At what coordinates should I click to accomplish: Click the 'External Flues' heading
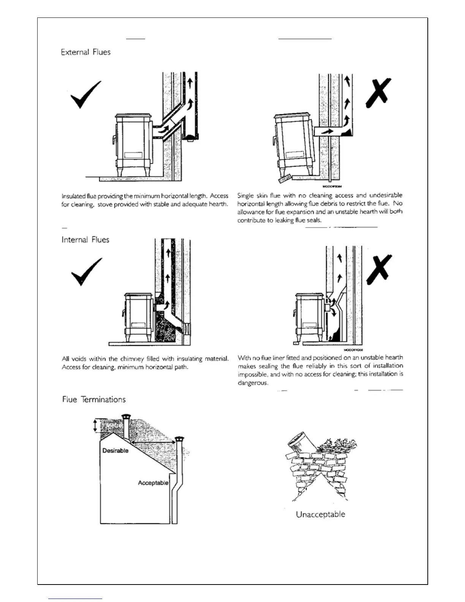pos(85,52)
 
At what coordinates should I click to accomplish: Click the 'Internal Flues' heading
pos(85,240)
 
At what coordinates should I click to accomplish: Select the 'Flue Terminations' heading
pos(94,399)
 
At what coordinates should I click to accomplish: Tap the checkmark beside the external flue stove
pos(86,94)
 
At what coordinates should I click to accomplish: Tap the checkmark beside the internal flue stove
pos(87,271)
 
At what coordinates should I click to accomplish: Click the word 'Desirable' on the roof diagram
pos(115,451)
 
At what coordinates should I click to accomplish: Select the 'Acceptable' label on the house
pos(153,483)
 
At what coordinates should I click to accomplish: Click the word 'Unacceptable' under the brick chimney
pos(320,515)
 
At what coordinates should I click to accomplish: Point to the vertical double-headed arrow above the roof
pos(95,425)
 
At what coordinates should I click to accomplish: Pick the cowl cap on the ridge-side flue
pos(125,417)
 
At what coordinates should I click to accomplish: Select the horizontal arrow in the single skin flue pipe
pos(326,132)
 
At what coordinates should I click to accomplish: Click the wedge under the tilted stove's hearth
pos(284,178)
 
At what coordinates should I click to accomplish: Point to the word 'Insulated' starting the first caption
pos(73,196)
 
